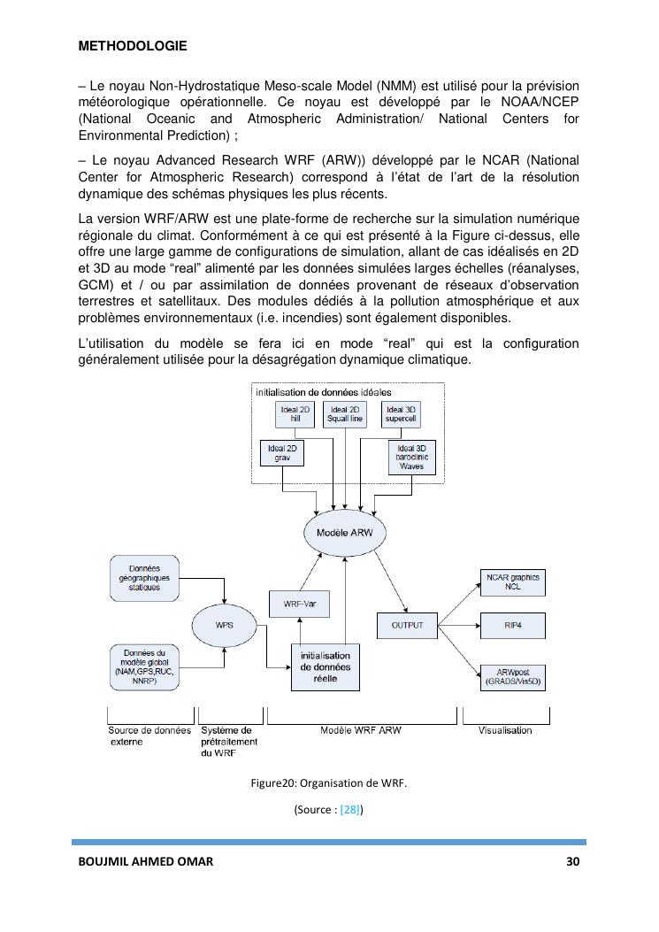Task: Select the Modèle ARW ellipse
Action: tap(345, 533)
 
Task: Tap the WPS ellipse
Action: tap(225, 624)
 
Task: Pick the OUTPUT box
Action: tap(407, 626)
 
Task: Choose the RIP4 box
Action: tap(512, 626)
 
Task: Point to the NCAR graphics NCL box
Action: tap(512, 582)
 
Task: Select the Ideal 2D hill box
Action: tap(295, 414)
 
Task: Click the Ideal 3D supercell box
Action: tap(398, 414)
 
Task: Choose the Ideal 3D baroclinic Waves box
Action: tap(412, 457)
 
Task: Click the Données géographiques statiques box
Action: tap(144, 577)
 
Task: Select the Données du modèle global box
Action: tap(144, 668)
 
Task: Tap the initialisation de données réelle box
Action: tap(325, 666)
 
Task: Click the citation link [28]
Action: tap(351, 809)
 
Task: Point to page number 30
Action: tap(573, 862)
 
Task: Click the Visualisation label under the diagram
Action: tap(505, 730)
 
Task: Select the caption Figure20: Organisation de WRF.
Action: tap(328, 783)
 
